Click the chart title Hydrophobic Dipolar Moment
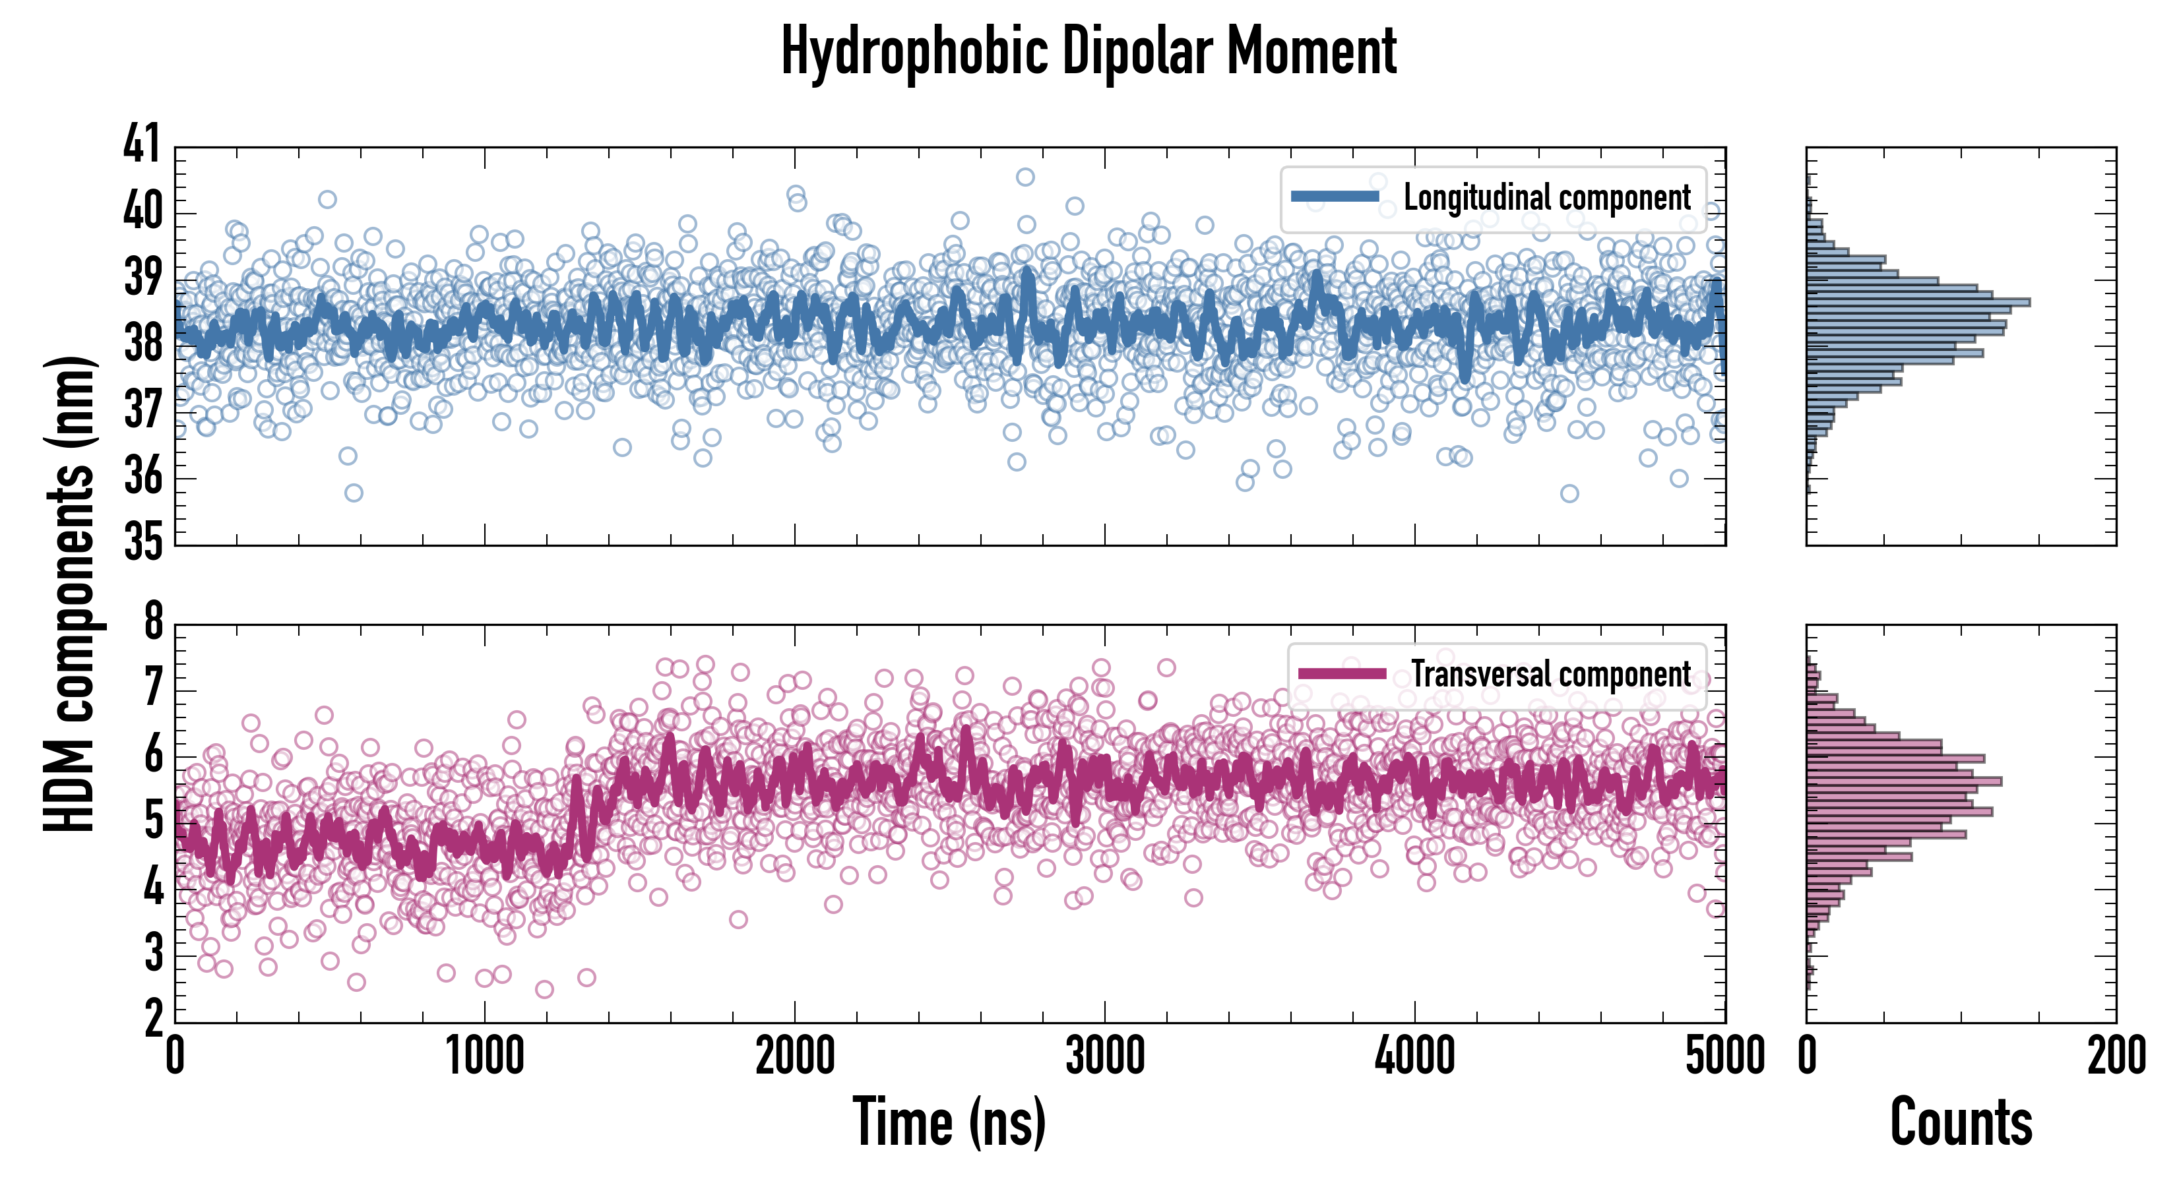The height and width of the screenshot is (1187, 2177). pyautogui.click(x=1088, y=52)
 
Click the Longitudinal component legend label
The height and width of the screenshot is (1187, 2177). pyautogui.click(x=1546, y=198)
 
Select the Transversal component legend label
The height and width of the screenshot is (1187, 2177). pyautogui.click(x=1551, y=674)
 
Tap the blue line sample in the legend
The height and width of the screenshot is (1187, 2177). pyautogui.click(x=1335, y=197)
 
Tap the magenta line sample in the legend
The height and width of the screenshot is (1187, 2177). pyautogui.click(x=1342, y=673)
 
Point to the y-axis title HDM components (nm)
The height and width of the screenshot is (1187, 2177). pyautogui.click(x=69, y=594)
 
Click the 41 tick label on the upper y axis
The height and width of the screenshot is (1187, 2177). pyautogui.click(x=141, y=144)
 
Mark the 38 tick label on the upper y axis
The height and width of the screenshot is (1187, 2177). pyautogui.click(x=141, y=343)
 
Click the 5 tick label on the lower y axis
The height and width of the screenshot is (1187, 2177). pyautogui.click(x=153, y=820)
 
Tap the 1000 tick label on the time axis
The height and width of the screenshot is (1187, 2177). pyautogui.click(x=485, y=1056)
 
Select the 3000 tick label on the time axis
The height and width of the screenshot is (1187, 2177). pyautogui.click(x=1104, y=1056)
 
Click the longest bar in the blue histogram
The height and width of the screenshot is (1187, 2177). pyautogui.click(x=1918, y=301)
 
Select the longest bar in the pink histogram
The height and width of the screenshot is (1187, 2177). pyautogui.click(x=1904, y=781)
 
